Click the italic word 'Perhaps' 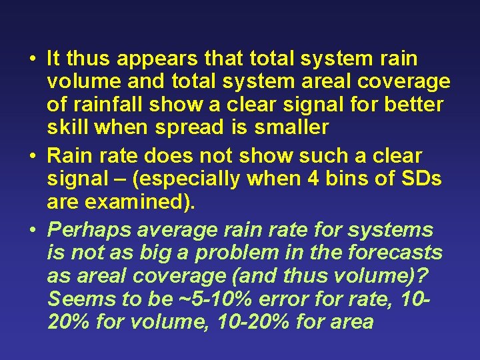(x=89, y=231)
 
